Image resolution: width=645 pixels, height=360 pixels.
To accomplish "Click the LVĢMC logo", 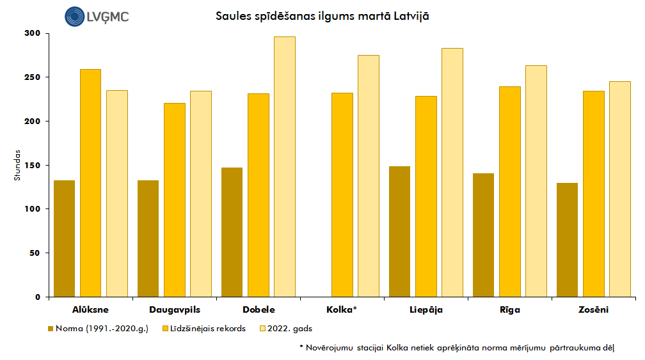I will [97, 16].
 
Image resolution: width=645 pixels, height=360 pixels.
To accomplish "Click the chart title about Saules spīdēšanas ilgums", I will [322, 15].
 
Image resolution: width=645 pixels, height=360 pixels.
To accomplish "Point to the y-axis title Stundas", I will [18, 165].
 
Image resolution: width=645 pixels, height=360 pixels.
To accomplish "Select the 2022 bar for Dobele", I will [285, 167].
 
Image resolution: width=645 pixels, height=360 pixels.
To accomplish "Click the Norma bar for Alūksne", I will [64, 239].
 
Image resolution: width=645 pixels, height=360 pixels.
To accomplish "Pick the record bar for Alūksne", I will [90, 183].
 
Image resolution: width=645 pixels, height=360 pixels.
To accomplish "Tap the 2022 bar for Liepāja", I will [452, 173].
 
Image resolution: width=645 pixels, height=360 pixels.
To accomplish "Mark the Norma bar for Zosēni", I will [567, 240].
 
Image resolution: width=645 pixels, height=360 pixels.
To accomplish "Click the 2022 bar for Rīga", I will [536, 181].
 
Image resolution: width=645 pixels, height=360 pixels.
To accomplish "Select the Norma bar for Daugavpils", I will [148, 239].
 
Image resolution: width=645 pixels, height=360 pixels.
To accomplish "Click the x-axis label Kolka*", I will [342, 310].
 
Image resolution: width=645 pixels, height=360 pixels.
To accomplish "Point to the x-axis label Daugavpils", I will [175, 310].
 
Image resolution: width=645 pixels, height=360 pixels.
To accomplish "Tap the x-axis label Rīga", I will [509, 310].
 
